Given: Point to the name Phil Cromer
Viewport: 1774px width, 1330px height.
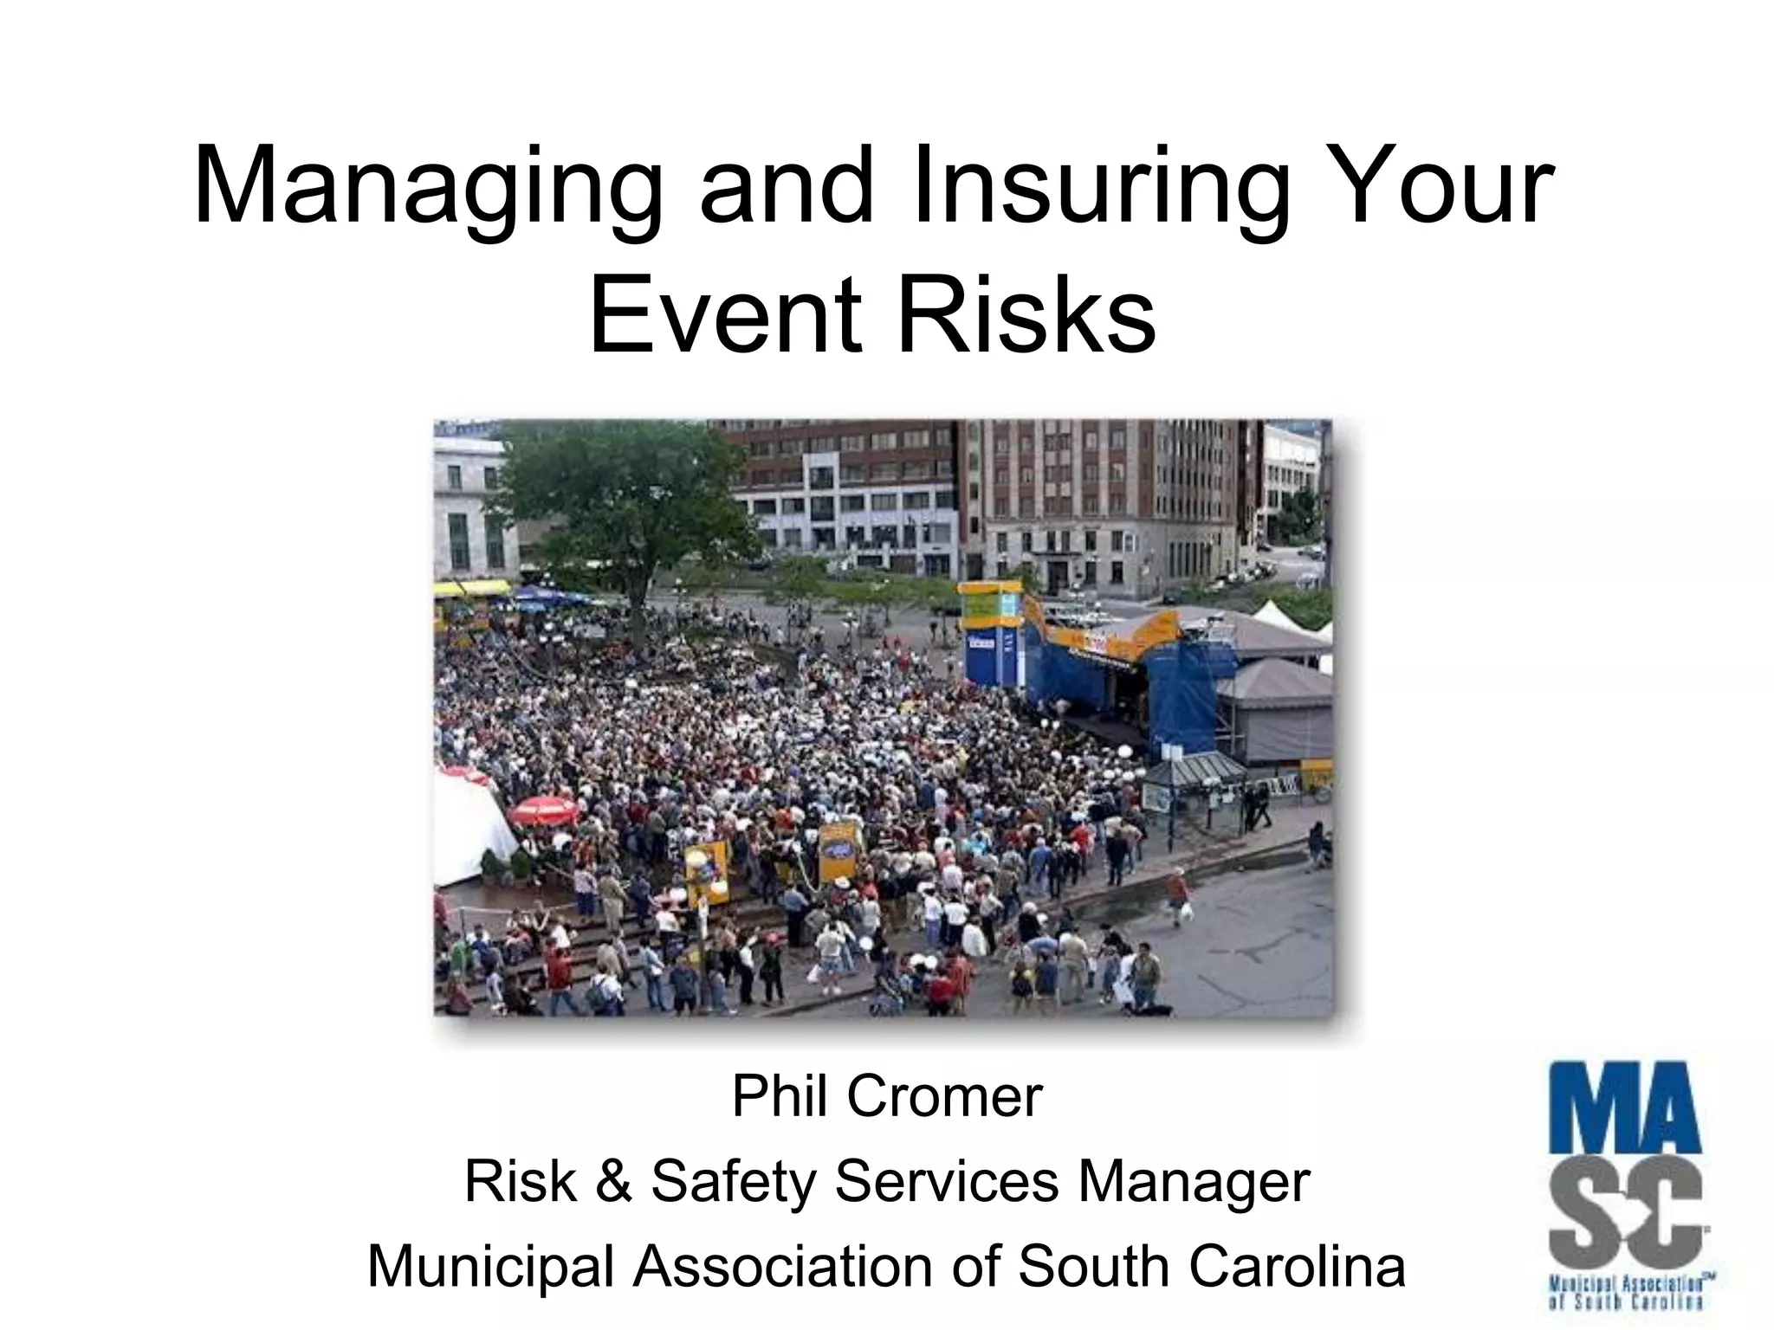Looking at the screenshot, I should point(886,1098).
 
